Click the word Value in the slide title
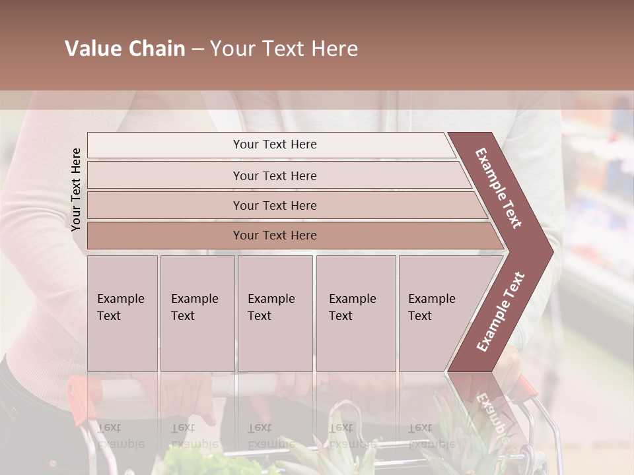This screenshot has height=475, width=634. click(x=92, y=49)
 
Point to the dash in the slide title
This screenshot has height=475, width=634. click(x=197, y=49)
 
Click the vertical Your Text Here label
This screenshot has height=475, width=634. click(x=77, y=189)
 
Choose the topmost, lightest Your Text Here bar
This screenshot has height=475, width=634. click(x=274, y=144)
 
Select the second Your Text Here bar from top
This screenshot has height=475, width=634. click(x=274, y=175)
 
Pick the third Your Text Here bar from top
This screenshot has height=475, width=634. click(x=274, y=205)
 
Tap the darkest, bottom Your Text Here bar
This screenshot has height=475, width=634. click(x=274, y=235)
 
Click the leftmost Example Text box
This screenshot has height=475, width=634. click(x=122, y=313)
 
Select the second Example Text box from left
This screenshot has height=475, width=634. click(x=197, y=313)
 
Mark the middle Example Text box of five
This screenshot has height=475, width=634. click(x=275, y=313)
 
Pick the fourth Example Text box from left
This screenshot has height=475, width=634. click(x=355, y=313)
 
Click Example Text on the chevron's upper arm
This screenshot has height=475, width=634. click(x=499, y=188)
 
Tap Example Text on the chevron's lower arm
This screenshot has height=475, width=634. click(x=500, y=311)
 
